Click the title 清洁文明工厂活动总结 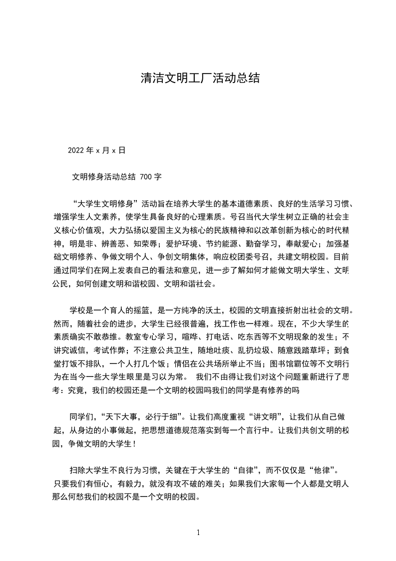click(x=199, y=78)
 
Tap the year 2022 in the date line click(x=76, y=150)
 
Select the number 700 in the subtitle click(x=147, y=176)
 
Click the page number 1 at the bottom click(x=198, y=532)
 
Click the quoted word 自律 click(x=246, y=470)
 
